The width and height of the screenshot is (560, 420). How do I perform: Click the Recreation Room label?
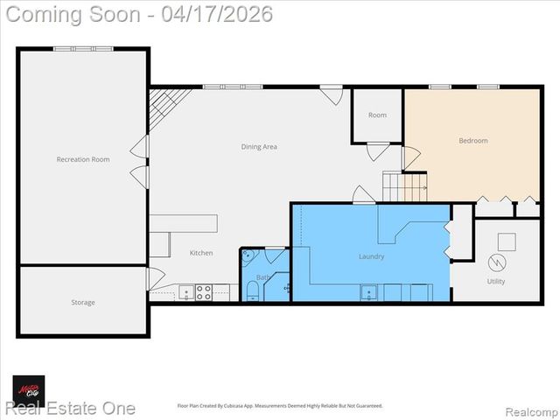pyautogui.click(x=83, y=159)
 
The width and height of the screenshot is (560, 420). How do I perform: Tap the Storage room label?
pyautogui.click(x=83, y=303)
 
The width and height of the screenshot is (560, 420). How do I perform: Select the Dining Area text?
pyautogui.click(x=259, y=147)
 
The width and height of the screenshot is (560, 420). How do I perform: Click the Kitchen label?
pyautogui.click(x=201, y=253)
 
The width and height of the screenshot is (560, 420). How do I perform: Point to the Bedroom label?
pyautogui.click(x=473, y=141)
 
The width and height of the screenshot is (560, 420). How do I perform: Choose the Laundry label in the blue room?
pyautogui.click(x=371, y=256)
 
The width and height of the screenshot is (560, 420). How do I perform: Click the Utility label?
pyautogui.click(x=496, y=282)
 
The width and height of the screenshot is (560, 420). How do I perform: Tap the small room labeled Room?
pyautogui.click(x=377, y=115)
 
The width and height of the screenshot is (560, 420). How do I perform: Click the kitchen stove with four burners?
pyautogui.click(x=203, y=293)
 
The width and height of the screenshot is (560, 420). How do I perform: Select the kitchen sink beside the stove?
pyautogui.click(x=185, y=293)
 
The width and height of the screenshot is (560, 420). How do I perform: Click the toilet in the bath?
pyautogui.click(x=253, y=290)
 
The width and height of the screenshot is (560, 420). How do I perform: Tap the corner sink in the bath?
pyautogui.click(x=248, y=256)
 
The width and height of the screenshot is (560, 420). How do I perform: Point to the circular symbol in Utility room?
pyautogui.click(x=496, y=262)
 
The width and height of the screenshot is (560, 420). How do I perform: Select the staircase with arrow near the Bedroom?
pyautogui.click(x=404, y=185)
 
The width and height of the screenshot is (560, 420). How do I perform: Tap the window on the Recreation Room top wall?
pyautogui.click(x=83, y=48)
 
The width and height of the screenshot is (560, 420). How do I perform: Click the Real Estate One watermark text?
pyautogui.click(x=70, y=409)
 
